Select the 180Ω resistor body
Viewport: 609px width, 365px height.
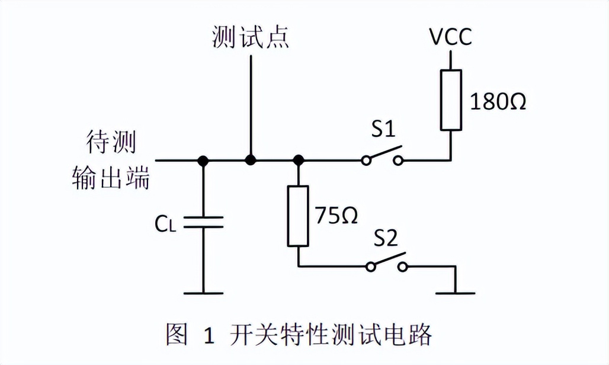click(451, 99)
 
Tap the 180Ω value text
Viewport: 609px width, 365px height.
click(498, 102)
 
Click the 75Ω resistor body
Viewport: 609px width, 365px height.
click(298, 216)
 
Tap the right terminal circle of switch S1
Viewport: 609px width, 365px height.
click(400, 160)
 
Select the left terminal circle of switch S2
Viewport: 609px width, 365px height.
click(371, 267)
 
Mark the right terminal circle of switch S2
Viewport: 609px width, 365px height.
click(403, 267)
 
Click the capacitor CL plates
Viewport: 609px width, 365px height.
click(203, 223)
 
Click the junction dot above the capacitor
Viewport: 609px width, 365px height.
click(203, 160)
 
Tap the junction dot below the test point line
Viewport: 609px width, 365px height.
click(251, 160)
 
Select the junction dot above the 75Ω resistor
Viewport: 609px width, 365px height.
click(298, 160)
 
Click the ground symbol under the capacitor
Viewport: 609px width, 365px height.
click(203, 292)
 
